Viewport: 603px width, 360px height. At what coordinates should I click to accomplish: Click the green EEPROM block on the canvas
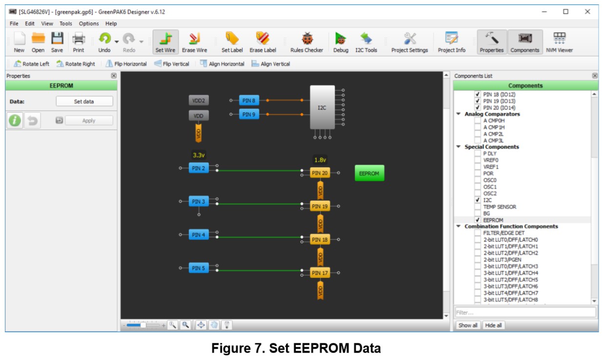[369, 173]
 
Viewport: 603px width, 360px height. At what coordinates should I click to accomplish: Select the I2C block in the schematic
[322, 107]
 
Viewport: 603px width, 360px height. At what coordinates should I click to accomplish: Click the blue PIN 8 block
[249, 101]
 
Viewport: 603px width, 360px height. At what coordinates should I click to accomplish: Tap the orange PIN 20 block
[320, 173]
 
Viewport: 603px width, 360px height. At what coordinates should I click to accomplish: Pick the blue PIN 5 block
[199, 268]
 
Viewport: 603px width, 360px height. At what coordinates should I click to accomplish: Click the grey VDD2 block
[199, 101]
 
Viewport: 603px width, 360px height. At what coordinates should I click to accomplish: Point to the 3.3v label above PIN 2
[199, 155]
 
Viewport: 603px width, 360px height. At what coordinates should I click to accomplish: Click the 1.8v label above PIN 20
[320, 160]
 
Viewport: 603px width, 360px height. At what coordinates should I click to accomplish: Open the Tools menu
[66, 23]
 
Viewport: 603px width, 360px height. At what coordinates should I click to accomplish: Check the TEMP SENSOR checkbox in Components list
[478, 207]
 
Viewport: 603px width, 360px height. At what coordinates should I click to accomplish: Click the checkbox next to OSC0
[478, 180]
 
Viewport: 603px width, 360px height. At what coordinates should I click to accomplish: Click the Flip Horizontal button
[126, 64]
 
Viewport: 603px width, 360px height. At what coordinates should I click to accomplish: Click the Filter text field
[525, 312]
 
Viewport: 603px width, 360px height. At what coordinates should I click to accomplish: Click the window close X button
[587, 12]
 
